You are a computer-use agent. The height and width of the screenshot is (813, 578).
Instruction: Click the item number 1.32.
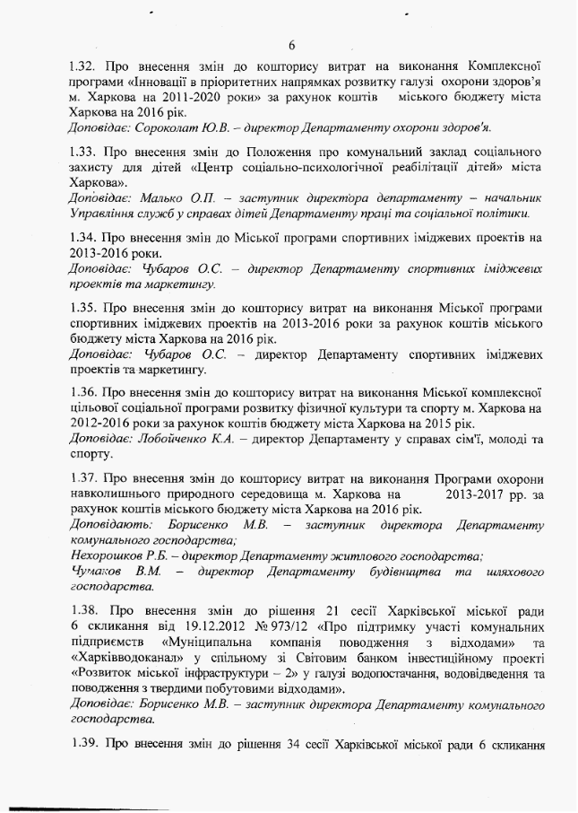(85, 66)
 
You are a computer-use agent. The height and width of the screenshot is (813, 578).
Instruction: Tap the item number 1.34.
(85, 239)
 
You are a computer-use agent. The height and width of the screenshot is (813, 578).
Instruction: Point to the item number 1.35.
(85, 308)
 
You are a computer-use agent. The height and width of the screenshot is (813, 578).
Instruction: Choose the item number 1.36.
(85, 392)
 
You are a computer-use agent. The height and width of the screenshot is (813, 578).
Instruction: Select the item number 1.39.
(85, 746)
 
